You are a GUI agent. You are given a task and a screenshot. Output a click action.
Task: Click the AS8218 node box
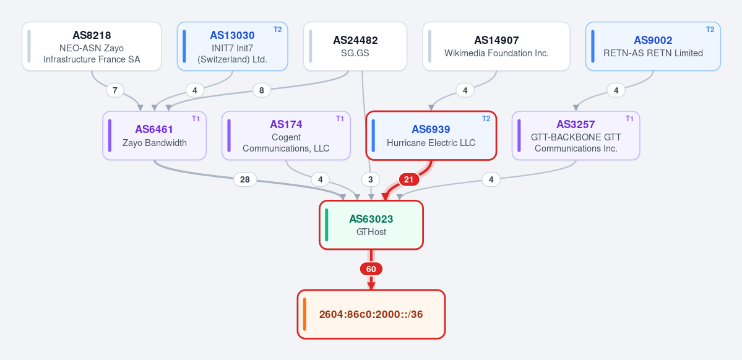[92, 46]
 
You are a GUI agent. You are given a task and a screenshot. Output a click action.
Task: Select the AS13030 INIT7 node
[232, 46]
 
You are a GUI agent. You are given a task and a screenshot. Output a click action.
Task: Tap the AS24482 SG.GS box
[355, 46]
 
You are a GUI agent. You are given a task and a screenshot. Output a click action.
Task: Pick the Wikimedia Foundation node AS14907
[496, 46]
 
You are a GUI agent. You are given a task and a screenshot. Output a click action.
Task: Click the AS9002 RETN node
[653, 46]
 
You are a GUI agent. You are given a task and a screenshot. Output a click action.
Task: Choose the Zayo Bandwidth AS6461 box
[154, 135]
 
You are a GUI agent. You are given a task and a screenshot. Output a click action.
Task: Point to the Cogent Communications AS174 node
[286, 135]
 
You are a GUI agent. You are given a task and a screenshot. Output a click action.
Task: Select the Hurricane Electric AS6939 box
[431, 135]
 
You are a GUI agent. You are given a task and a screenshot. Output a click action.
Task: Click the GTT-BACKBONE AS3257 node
[576, 135]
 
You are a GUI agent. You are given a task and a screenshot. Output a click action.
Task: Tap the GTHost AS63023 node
[371, 225]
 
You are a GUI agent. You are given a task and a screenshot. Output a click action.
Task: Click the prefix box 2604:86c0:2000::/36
[371, 314]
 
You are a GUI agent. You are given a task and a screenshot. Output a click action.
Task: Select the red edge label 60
[371, 269]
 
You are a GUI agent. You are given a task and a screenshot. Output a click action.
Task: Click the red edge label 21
[409, 180]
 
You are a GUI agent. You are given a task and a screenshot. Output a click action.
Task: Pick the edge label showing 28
[244, 180]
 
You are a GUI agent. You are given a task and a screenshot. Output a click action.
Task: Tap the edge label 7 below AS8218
[115, 90]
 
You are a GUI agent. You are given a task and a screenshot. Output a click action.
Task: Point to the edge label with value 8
[262, 90]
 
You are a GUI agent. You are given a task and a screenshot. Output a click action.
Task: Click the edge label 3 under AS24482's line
[371, 180]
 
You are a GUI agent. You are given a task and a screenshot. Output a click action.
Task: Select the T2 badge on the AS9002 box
[710, 29]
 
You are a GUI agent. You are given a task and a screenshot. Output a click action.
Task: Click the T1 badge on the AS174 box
[340, 119]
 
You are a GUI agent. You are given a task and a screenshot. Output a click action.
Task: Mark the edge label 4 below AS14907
[465, 90]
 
